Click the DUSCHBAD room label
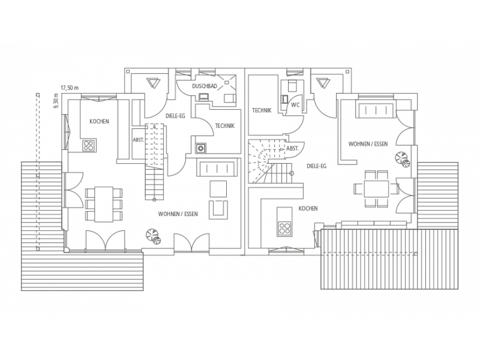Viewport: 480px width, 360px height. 205,86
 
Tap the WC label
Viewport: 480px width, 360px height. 295,105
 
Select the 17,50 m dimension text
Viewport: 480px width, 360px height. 70,88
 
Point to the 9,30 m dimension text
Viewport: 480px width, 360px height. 56,101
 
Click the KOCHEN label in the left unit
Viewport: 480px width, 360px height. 99,122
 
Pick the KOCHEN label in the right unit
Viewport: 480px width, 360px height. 308,208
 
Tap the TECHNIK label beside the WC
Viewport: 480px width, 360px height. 262,110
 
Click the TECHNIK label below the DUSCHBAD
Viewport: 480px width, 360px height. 224,126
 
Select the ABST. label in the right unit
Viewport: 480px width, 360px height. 292,148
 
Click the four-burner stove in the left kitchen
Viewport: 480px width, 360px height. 89,145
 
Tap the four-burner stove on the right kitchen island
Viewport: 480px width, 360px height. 284,228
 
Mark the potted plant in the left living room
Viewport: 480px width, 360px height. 154,236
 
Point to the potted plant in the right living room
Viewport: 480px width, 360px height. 402,159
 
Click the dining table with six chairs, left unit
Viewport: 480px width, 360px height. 104,204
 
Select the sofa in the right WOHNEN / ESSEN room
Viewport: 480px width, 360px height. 376,110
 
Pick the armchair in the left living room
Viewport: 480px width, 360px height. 218,209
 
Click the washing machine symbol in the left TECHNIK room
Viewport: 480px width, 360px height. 200,148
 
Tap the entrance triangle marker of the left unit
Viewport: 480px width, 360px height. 153,83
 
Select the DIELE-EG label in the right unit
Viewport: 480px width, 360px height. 317,166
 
